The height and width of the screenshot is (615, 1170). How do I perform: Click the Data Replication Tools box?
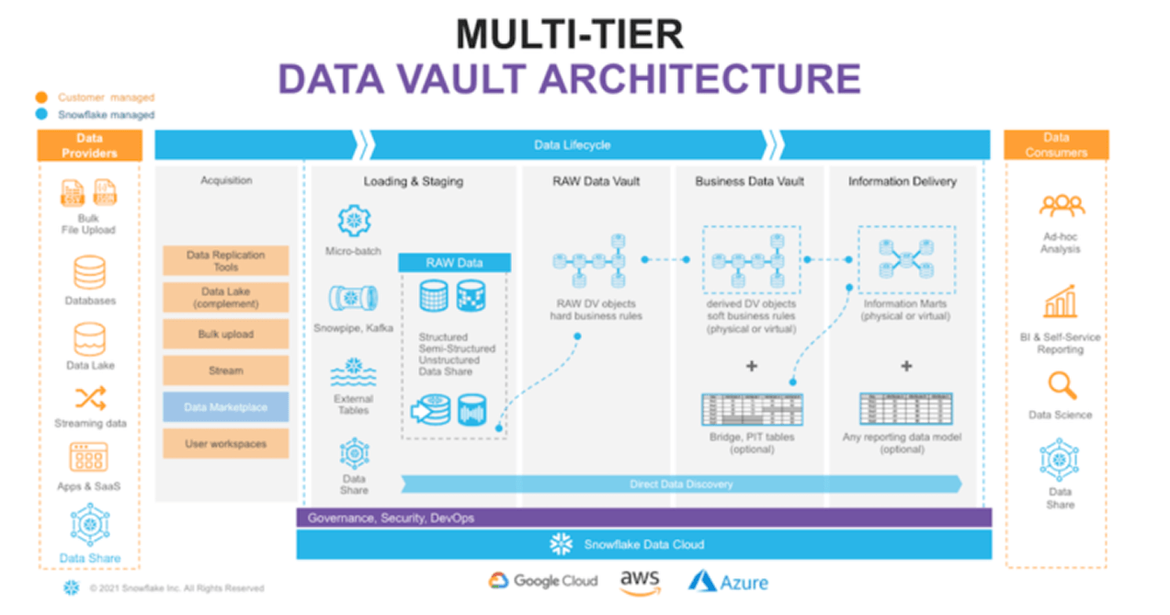(x=225, y=261)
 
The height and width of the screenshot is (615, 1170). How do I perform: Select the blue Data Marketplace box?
(x=225, y=406)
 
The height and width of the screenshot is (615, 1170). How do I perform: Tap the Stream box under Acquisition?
(x=225, y=370)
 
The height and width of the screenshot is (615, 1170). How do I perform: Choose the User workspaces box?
(x=225, y=443)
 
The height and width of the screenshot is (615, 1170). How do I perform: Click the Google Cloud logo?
(x=542, y=581)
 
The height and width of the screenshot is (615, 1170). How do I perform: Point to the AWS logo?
(x=640, y=582)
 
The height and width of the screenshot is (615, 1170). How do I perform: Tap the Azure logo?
(x=728, y=582)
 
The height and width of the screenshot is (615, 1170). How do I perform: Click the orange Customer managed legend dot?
(x=42, y=97)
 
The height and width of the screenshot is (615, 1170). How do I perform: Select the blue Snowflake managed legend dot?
(x=42, y=115)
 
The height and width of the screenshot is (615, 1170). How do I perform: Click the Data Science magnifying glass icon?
(x=1061, y=385)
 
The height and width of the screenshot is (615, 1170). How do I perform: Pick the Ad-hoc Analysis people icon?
(x=1061, y=205)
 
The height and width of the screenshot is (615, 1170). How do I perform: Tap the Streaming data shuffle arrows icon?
(x=90, y=397)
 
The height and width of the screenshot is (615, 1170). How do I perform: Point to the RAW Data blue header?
(x=454, y=263)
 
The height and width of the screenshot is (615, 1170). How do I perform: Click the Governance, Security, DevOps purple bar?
(x=643, y=518)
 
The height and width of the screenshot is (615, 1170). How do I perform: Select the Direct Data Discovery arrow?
(x=681, y=484)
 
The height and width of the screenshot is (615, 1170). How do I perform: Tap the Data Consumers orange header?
(x=1056, y=144)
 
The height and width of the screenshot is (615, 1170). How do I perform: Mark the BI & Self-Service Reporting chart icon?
(x=1060, y=302)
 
